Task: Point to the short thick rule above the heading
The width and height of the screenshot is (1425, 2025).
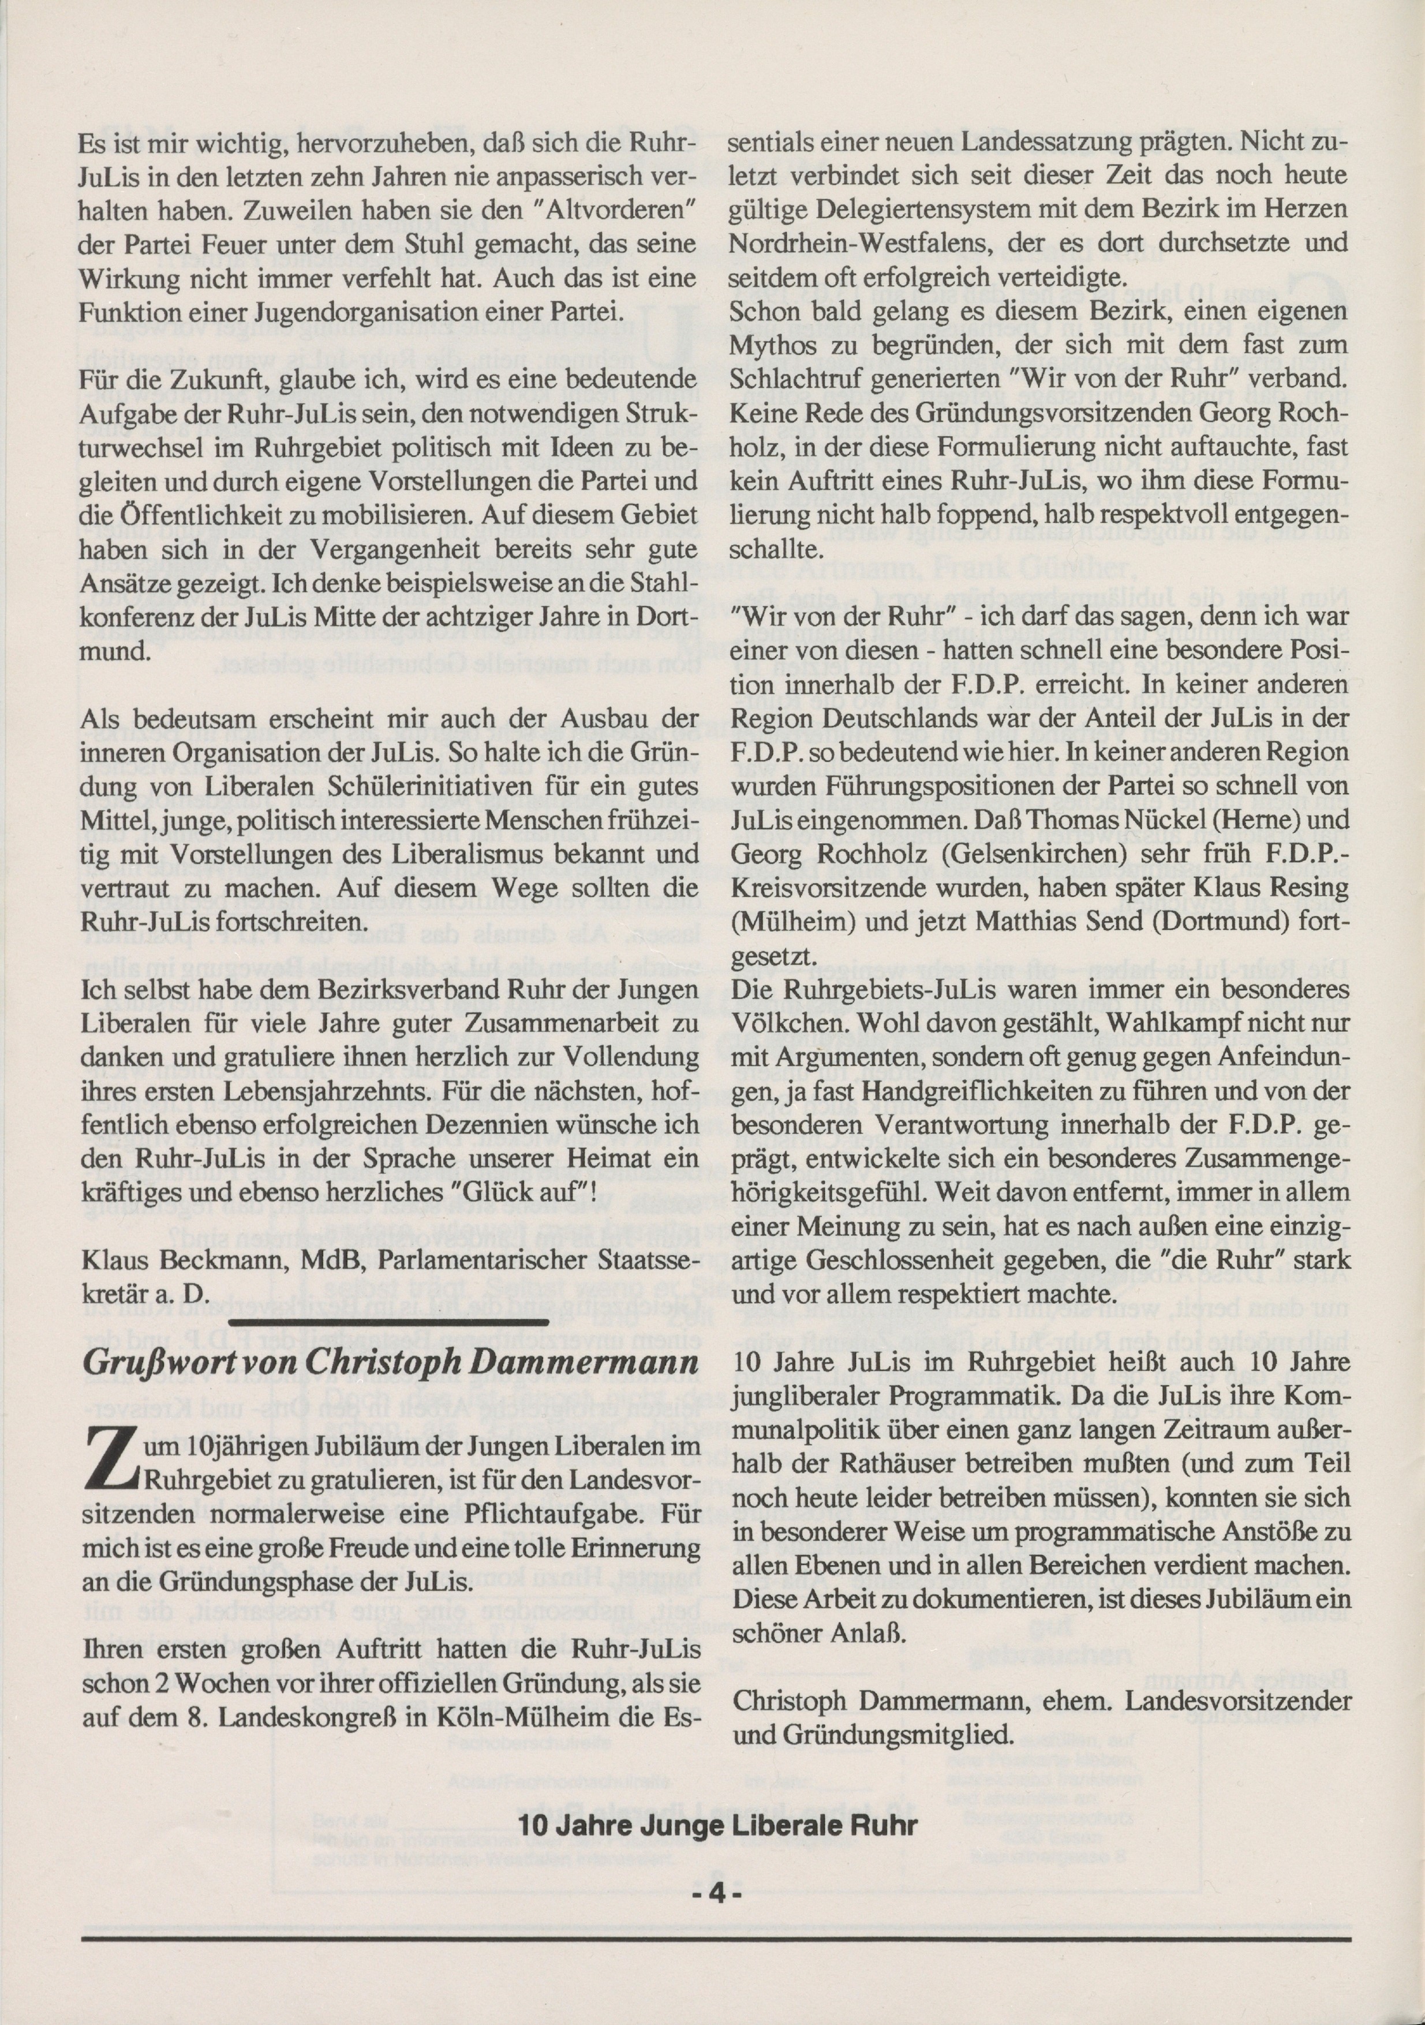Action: [x=388, y=1323]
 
